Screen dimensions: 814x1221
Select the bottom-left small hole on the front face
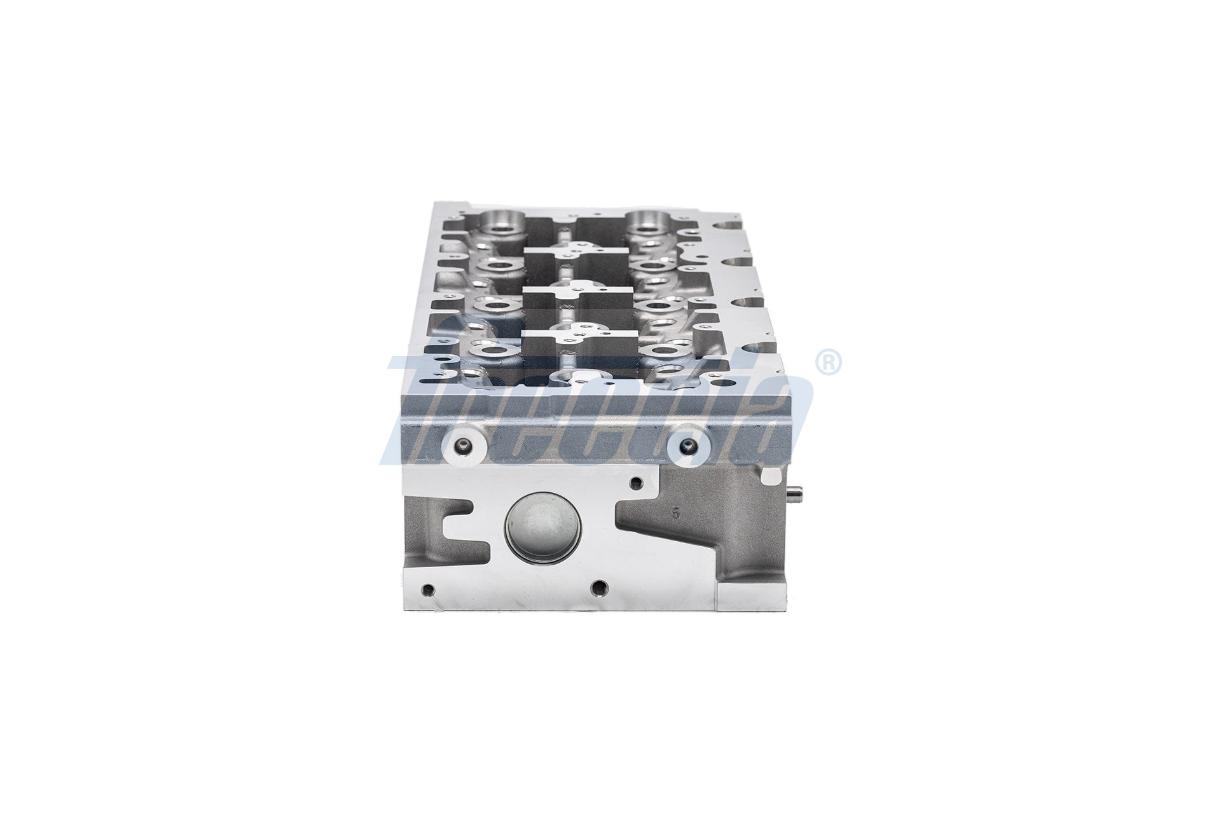click(x=431, y=588)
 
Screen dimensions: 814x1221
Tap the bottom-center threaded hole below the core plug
click(x=597, y=586)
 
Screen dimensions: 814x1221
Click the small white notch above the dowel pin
click(x=771, y=476)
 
